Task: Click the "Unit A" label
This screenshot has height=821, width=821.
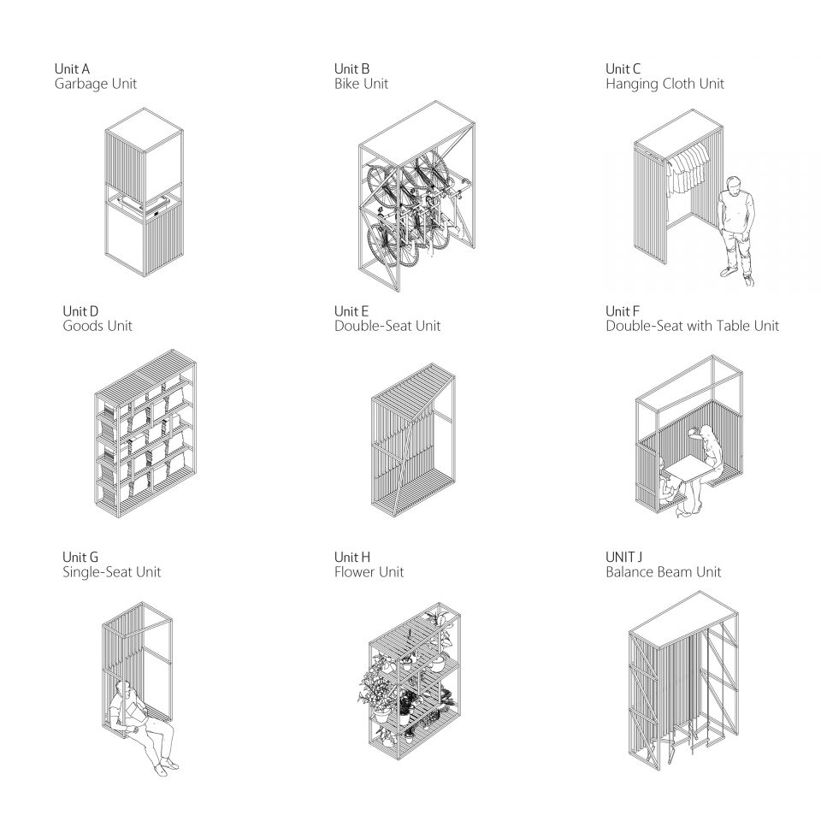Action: [72, 68]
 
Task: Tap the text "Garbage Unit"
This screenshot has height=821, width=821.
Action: [95, 84]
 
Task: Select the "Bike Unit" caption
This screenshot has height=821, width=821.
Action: [361, 84]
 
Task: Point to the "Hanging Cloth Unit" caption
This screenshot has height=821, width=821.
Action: [664, 84]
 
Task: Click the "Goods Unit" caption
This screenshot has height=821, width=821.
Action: [97, 326]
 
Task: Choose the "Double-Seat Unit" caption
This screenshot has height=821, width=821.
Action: [387, 326]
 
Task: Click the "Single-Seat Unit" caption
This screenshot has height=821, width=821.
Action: [111, 572]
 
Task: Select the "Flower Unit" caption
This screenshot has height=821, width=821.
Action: [369, 572]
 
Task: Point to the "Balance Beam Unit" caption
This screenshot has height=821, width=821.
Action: [664, 572]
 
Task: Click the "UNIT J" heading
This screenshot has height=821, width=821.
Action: [623, 557]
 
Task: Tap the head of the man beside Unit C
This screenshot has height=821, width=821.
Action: [735, 185]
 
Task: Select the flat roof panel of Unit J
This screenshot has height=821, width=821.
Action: [683, 617]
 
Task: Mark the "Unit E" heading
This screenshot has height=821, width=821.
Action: [351, 311]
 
